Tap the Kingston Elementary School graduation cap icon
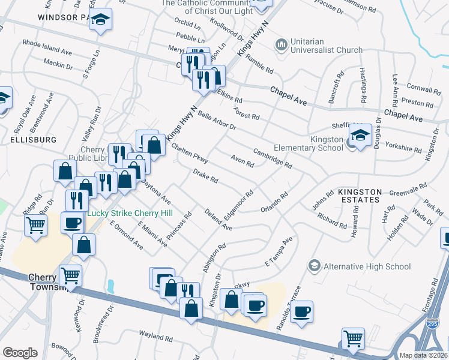(360, 136)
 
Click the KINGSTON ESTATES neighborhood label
(360, 195)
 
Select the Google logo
(20, 353)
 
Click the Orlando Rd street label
(275, 202)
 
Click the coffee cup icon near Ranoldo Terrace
(302, 311)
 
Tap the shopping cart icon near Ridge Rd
(35, 226)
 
